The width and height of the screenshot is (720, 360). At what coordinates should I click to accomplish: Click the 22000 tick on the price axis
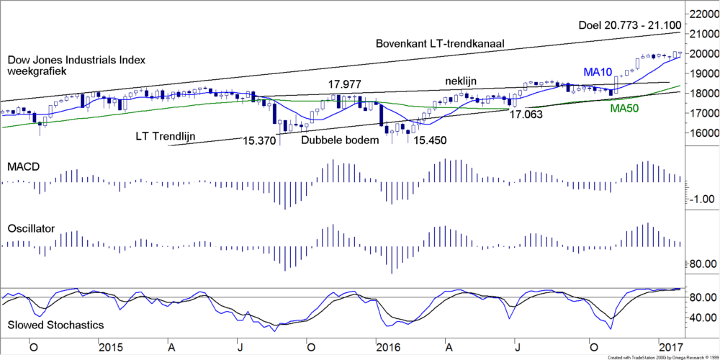point(703,14)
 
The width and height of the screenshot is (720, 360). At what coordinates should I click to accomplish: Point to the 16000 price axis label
point(703,133)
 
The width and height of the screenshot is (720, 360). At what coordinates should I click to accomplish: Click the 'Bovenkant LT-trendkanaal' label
point(439,44)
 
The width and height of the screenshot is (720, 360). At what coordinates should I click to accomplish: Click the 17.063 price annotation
point(527,113)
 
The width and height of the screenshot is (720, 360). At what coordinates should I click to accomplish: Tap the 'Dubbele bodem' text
point(340,140)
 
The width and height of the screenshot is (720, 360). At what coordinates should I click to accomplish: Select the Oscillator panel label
point(31,229)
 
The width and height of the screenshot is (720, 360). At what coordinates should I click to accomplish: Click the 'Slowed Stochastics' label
point(55,325)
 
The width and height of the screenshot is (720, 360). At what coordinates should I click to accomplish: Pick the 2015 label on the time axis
point(112,347)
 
